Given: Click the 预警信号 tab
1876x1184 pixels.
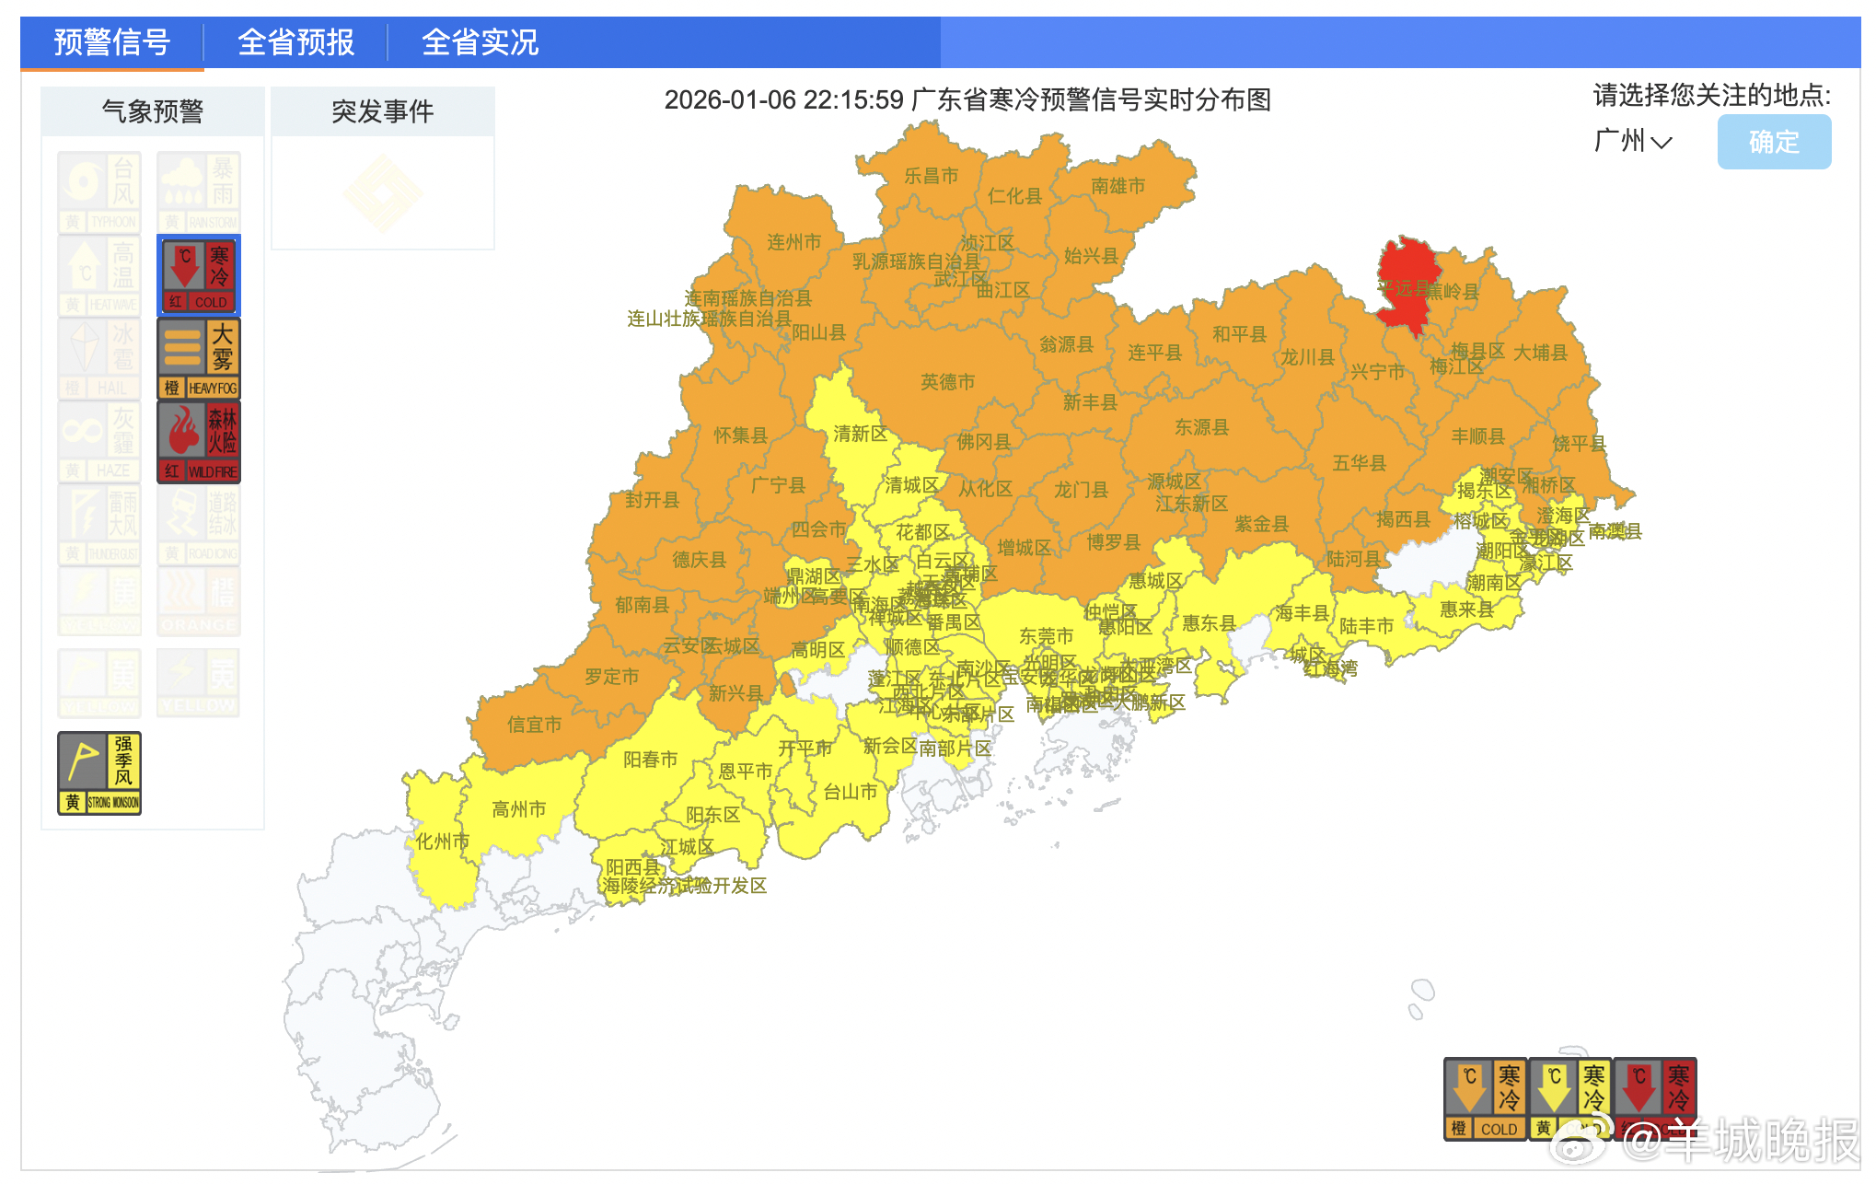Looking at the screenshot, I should pos(112,42).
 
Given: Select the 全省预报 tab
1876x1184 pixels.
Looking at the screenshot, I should pos(295,42).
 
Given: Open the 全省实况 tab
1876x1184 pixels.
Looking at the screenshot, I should pos(480,42).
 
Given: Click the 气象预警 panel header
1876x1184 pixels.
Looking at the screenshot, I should pos(153,111).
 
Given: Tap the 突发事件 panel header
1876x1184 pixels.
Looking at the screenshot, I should pos(382,111).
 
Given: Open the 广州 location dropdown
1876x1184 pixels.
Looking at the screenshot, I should pos(1632,142).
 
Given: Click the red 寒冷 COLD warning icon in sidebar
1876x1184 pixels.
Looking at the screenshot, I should pos(199,275).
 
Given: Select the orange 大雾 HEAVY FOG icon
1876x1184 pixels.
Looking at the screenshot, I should pos(199,358).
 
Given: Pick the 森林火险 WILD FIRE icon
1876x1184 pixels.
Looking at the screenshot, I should pos(199,442).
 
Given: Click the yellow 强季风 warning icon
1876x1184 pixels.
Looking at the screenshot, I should pos(99,773).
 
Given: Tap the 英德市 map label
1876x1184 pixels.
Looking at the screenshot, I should pos(947,382).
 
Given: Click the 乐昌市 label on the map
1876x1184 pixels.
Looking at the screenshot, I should pos(931,176).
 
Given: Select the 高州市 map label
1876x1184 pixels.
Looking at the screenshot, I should pos(518,809).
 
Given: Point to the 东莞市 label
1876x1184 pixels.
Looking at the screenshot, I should pos(1046,636).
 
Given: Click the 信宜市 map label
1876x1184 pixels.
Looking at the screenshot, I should pos(534,725).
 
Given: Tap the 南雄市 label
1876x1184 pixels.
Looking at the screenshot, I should pos(1117,186).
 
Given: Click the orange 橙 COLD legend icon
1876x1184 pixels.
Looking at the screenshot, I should pos(1485,1098).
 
